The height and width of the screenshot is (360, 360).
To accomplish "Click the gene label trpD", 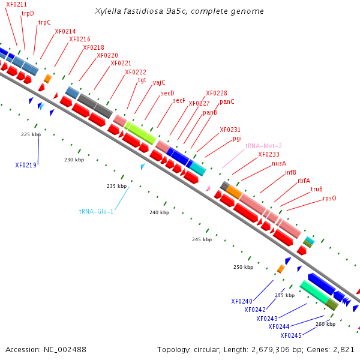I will (28, 13).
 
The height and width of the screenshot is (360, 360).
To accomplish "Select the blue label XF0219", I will (26, 165).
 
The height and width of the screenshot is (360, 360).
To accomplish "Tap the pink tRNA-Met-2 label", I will (263, 146).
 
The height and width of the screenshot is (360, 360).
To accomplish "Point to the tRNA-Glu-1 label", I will (96, 211).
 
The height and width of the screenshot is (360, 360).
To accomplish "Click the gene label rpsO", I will (329, 198).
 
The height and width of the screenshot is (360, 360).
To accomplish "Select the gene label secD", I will (167, 93).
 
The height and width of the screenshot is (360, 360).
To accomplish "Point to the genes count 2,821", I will (342, 349).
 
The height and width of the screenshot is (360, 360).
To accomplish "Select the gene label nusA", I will (279, 163).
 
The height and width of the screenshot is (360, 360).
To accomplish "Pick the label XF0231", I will (230, 130).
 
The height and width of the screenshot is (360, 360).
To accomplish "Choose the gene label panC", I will (227, 102).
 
